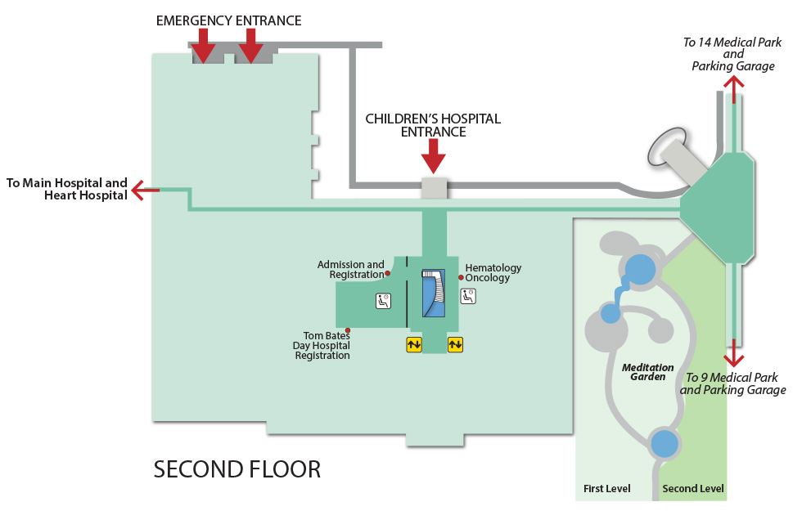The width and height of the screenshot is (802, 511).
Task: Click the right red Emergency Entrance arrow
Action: pyautogui.click(x=250, y=46)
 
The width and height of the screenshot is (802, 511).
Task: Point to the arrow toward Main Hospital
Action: pyautogui.click(x=145, y=191)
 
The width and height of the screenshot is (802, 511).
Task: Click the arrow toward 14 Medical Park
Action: pyautogui.click(x=734, y=88)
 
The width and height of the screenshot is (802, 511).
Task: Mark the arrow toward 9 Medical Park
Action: pyautogui.click(x=734, y=354)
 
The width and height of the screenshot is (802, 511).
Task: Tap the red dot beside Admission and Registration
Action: pyautogui.click(x=388, y=274)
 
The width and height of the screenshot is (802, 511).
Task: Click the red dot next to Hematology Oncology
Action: pyautogui.click(x=461, y=277)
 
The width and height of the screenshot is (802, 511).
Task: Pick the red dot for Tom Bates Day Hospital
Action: pyautogui.click(x=349, y=330)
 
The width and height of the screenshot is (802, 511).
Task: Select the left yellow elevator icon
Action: pyautogui.click(x=414, y=344)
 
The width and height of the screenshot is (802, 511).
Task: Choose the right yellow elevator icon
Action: pyautogui.click(x=455, y=344)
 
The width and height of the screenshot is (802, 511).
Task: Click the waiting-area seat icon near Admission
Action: pyautogui.click(x=383, y=301)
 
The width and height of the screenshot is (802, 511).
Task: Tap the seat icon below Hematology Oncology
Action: pyautogui.click(x=467, y=296)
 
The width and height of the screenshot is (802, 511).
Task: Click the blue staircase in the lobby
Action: pyautogui.click(x=432, y=292)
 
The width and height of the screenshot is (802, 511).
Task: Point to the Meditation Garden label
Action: pyautogui.click(x=648, y=372)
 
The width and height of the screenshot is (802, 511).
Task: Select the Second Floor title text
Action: pyautogui.click(x=237, y=469)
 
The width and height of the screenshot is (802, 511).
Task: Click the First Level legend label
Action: pyautogui.click(x=606, y=489)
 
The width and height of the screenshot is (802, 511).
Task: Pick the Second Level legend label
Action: pyautogui.click(x=693, y=489)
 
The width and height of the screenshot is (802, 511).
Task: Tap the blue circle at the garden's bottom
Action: pyautogui.click(x=665, y=444)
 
